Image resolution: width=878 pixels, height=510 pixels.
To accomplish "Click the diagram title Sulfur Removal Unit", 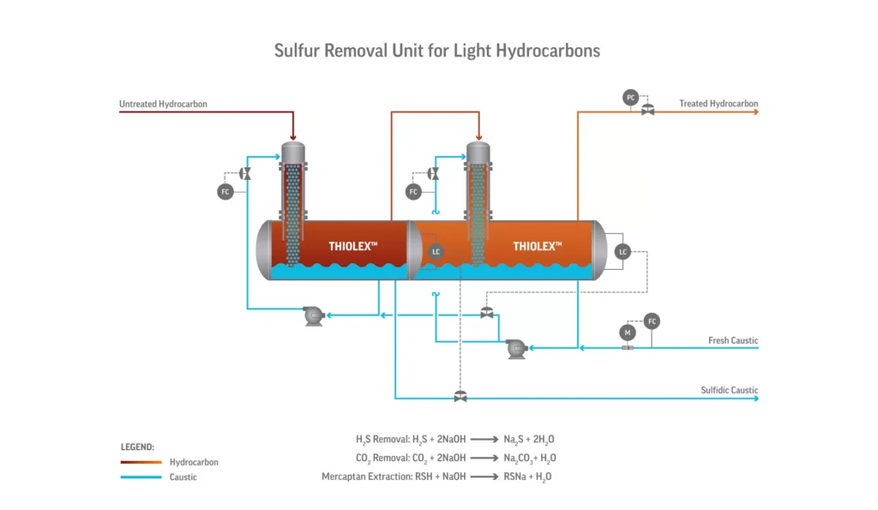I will point(437,50).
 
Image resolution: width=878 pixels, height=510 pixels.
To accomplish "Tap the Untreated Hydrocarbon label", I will point(163,105).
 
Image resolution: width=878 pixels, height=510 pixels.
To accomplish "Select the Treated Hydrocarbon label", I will point(719,104).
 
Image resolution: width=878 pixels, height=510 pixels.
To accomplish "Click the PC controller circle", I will point(631,98).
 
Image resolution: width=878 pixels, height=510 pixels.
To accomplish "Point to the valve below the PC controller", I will point(648,111).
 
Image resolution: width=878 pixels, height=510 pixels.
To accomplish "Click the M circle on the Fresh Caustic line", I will point(626,332).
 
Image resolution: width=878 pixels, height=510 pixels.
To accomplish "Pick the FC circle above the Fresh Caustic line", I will point(652,321).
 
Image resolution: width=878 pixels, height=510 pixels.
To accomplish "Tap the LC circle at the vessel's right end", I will point(623,252).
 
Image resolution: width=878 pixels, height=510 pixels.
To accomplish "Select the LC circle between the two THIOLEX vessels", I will point(436,252).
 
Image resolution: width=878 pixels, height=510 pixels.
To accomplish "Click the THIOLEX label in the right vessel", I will point(538,246).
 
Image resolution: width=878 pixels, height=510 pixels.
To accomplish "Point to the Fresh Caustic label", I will point(733,340).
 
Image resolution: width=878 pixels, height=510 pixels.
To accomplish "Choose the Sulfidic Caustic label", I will point(730,390).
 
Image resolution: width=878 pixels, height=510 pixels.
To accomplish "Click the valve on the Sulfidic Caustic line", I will point(460,396).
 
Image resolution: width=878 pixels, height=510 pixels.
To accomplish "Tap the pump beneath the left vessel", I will point(314,317).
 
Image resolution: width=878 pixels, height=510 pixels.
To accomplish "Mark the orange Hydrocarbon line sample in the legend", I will point(141,462).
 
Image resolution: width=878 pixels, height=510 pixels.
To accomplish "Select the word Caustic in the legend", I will point(183,477).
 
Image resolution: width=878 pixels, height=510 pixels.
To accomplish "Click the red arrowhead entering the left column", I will point(293,136).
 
